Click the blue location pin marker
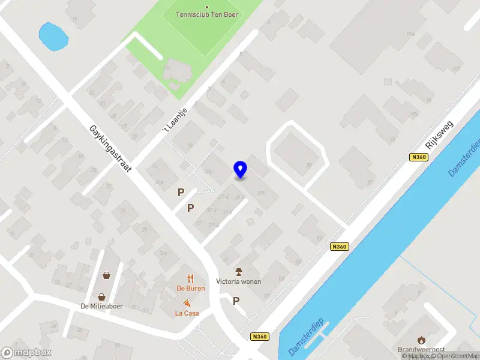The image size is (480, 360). click(241, 170)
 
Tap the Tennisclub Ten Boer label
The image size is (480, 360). click(207, 14)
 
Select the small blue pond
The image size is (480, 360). click(52, 36)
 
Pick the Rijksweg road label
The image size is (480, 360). click(439, 136)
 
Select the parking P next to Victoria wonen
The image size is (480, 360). click(236, 301)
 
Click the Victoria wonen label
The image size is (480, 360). click(239, 281)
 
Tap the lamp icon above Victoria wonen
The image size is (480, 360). click(239, 271)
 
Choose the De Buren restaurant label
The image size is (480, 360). click(191, 289)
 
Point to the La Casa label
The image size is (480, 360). click(187, 313)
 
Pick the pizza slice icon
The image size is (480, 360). click(187, 304)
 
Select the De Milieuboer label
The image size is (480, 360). click(102, 306)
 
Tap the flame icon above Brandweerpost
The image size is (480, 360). click(422, 340)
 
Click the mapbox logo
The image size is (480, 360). click(26, 352)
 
